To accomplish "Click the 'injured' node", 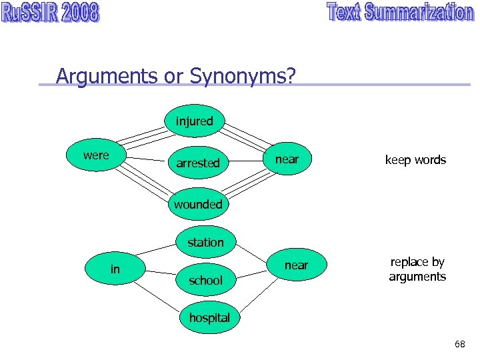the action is [195, 121].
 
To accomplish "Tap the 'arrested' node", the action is [198, 163].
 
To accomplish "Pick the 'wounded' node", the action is [198, 204].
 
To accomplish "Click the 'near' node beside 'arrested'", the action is [287, 160].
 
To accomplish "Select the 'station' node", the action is [205, 242].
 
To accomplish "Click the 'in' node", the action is [115, 269].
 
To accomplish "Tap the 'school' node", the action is [205, 280].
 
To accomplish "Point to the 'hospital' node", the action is [209, 318].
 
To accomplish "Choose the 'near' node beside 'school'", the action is [296, 265].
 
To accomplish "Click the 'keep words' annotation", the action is [415, 160].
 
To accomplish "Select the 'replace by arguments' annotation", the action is [417, 269].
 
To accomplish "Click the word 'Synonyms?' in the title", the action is [242, 77].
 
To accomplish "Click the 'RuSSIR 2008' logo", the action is [51, 13].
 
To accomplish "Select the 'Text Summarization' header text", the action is [400, 13].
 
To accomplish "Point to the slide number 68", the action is [459, 344].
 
